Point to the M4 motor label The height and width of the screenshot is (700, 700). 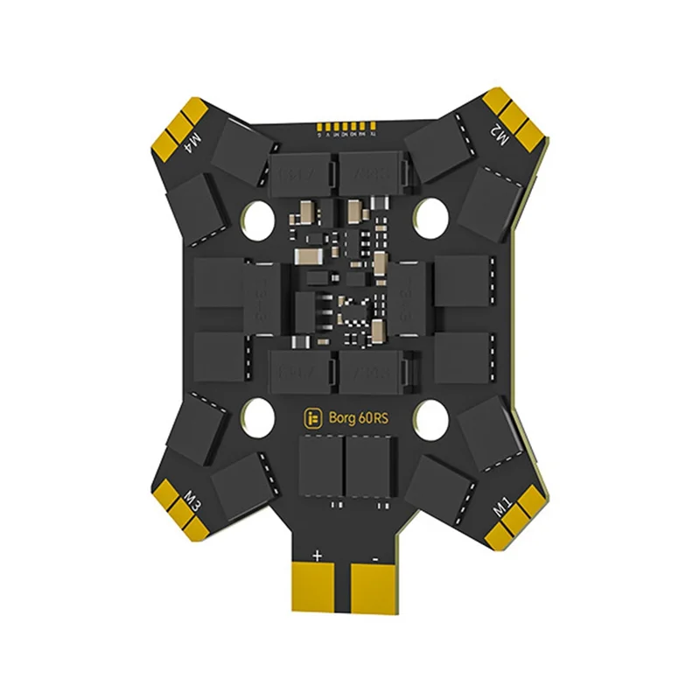194,140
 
